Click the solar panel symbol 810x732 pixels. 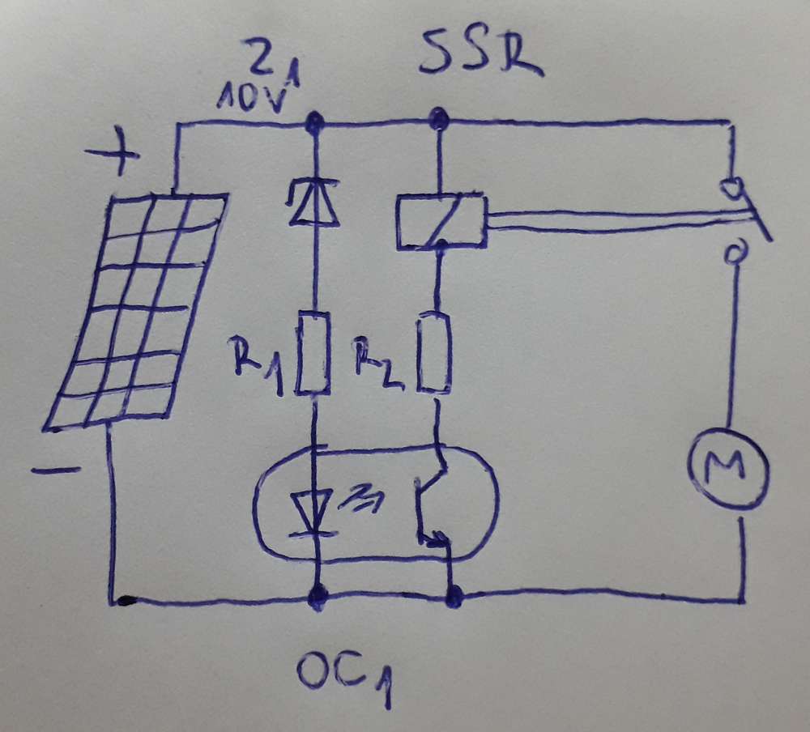click(134, 308)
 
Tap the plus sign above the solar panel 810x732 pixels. click(114, 155)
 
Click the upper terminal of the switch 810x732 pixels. click(732, 188)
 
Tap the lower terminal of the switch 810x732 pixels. click(732, 257)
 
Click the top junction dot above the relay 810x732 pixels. click(438, 121)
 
